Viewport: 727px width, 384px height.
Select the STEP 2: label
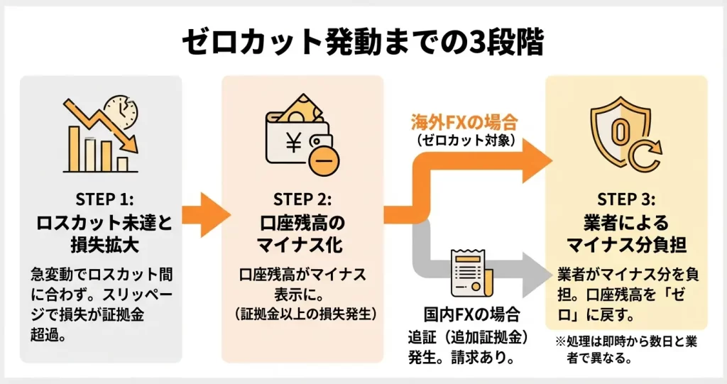click(x=302, y=197)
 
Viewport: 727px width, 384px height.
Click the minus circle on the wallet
click(x=323, y=162)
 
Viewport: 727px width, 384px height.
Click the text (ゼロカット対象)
click(x=464, y=140)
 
